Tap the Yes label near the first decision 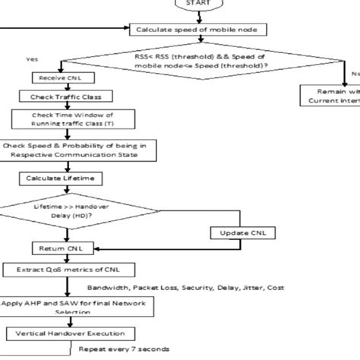click(32, 58)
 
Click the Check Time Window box click(64, 119)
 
